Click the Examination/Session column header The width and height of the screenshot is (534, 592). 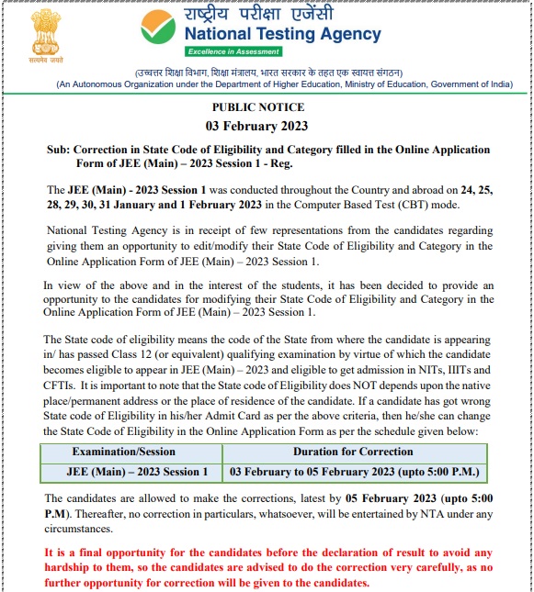point(130,452)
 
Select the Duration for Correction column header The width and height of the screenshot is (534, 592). point(353,452)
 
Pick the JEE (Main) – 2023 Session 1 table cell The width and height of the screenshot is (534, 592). point(130,472)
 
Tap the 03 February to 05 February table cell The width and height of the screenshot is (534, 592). point(354,472)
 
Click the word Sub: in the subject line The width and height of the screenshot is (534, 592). point(58,149)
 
